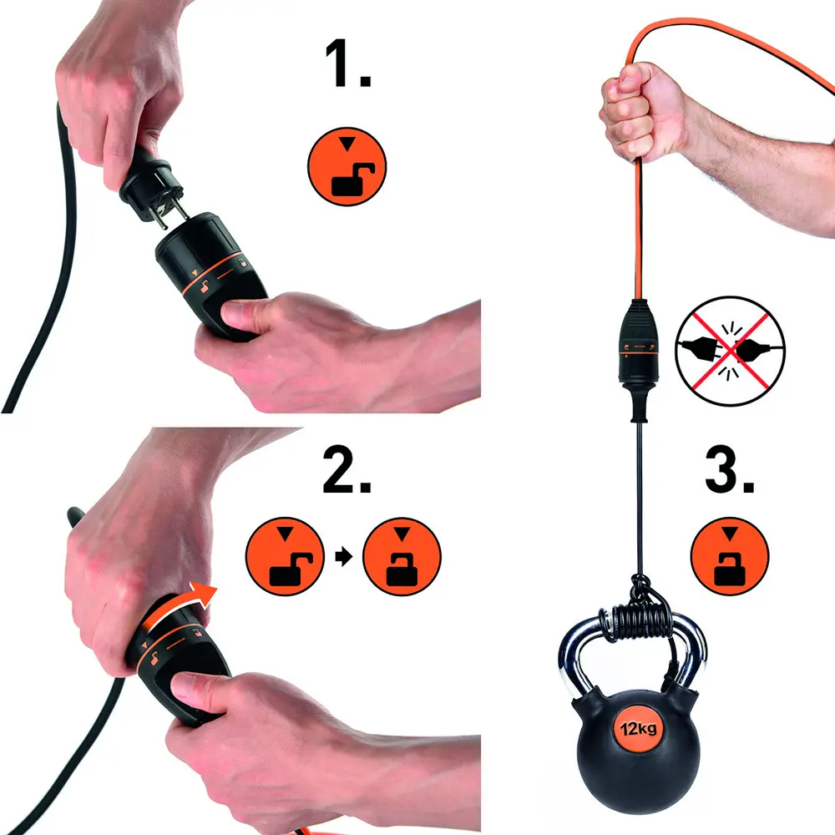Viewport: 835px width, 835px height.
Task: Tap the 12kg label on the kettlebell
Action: coord(637,729)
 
